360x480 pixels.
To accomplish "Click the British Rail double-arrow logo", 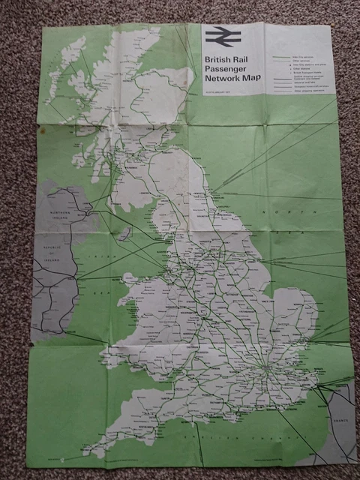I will click(x=220, y=36).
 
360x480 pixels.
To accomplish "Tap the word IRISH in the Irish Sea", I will click(x=97, y=256).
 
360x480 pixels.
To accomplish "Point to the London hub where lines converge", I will click(x=263, y=370).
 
